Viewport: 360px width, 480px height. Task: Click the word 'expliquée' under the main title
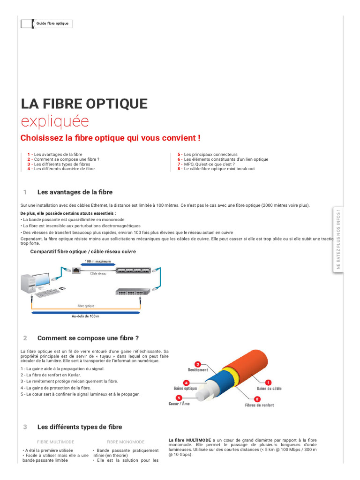tap(55, 121)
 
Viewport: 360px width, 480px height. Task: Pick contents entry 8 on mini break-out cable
tap(219, 169)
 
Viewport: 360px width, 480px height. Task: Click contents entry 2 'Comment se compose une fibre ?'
tap(66, 159)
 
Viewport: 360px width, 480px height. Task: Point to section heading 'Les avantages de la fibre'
tap(75, 192)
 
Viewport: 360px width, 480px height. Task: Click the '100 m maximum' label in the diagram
tap(97, 261)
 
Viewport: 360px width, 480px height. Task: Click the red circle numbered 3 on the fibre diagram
tap(198, 364)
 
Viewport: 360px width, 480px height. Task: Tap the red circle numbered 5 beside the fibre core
tap(179, 397)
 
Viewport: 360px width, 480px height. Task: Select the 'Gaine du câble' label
tap(269, 389)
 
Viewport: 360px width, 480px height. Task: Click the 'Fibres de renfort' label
tap(259, 405)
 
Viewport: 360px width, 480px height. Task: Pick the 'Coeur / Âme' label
tap(179, 404)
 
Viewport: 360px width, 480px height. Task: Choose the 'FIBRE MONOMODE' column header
tap(125, 442)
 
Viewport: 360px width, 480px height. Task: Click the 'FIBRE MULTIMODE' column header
tap(55, 442)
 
